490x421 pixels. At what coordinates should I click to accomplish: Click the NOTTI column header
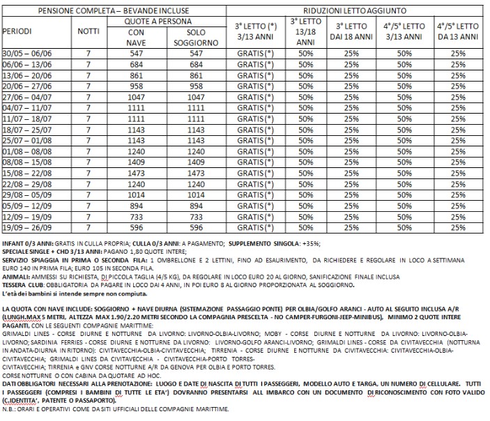89,33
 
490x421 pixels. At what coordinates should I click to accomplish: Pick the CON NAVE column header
138,38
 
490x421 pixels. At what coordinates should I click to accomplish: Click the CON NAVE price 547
138,54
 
